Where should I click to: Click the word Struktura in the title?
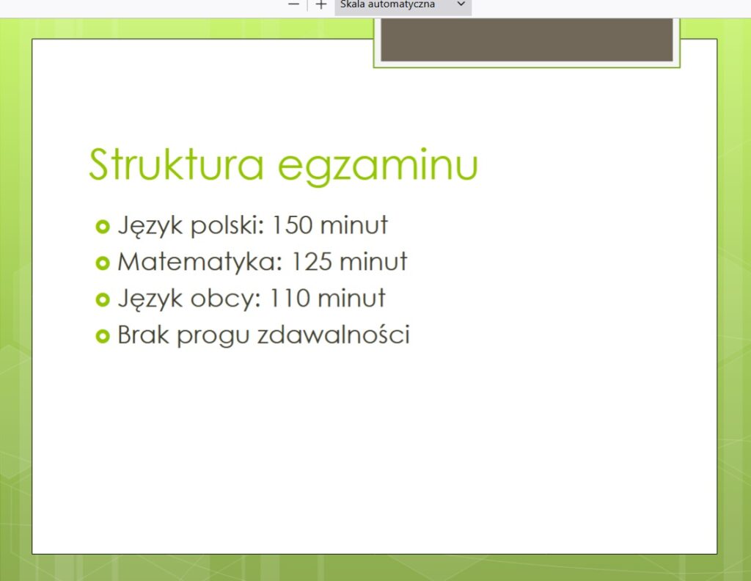pos(176,164)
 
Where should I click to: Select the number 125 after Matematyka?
pos(312,261)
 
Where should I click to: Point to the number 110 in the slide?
pos(290,298)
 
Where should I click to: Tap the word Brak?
pos(143,335)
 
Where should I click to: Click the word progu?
pos(213,336)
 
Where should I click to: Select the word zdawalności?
pos(334,335)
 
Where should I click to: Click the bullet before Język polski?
pos(103,226)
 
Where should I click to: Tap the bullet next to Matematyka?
pos(103,263)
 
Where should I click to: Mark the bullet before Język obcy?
pos(103,299)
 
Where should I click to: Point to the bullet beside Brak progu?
pos(103,336)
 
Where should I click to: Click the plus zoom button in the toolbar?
pos(321,5)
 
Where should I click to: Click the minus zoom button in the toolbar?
pos(293,4)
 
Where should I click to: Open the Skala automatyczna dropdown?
pos(403,5)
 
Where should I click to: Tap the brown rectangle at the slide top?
pos(527,40)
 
